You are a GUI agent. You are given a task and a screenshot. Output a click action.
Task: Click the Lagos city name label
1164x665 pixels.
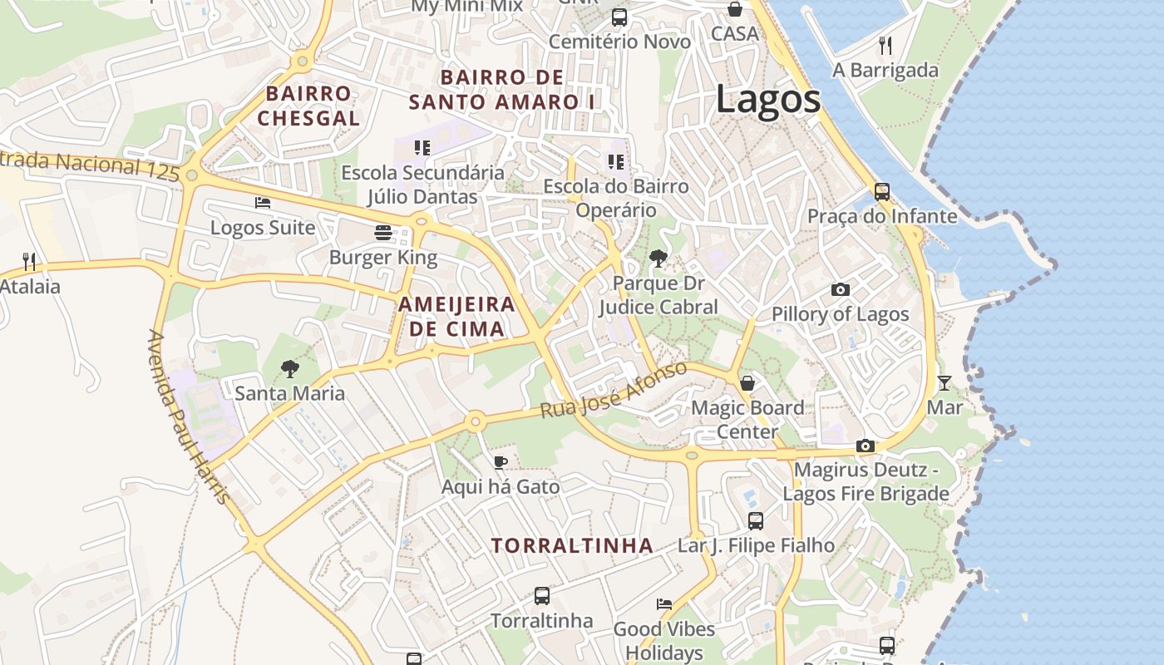click(x=767, y=100)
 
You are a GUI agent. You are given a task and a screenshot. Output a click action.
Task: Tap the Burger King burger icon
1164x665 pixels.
click(x=383, y=232)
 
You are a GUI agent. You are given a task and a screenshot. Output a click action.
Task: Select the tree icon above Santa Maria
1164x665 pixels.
click(x=289, y=368)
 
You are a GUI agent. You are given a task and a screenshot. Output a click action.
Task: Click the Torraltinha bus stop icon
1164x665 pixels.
click(x=541, y=595)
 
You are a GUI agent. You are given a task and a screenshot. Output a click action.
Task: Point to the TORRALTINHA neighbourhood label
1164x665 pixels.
click(x=572, y=546)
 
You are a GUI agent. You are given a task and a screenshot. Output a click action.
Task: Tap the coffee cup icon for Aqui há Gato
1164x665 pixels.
click(x=500, y=462)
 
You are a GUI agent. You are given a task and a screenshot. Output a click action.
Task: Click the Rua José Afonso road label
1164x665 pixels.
click(x=614, y=391)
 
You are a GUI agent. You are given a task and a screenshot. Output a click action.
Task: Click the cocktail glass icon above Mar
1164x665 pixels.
click(x=945, y=383)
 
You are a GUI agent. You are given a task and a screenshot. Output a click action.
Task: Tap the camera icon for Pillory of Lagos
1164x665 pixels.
click(x=841, y=290)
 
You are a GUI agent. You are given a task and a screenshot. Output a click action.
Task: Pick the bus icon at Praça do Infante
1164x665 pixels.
click(x=882, y=192)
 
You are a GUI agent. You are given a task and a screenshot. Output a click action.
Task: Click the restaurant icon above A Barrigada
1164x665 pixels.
click(x=885, y=45)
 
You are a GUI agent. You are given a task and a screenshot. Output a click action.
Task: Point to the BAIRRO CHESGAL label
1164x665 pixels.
click(x=308, y=106)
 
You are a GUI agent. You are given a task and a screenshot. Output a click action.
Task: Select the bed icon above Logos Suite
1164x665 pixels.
click(x=263, y=203)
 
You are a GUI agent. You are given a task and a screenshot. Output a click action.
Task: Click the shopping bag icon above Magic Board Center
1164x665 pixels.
click(x=747, y=383)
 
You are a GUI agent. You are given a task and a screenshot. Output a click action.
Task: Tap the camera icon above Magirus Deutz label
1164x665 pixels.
click(x=866, y=446)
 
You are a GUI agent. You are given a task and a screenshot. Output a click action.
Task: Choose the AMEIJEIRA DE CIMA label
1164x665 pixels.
click(x=456, y=316)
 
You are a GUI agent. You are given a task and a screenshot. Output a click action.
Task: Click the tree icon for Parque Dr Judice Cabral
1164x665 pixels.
click(x=658, y=259)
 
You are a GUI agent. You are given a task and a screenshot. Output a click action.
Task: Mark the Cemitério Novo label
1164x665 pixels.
click(x=619, y=42)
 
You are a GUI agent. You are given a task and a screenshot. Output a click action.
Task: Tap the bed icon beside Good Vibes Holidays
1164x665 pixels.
click(x=663, y=604)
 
